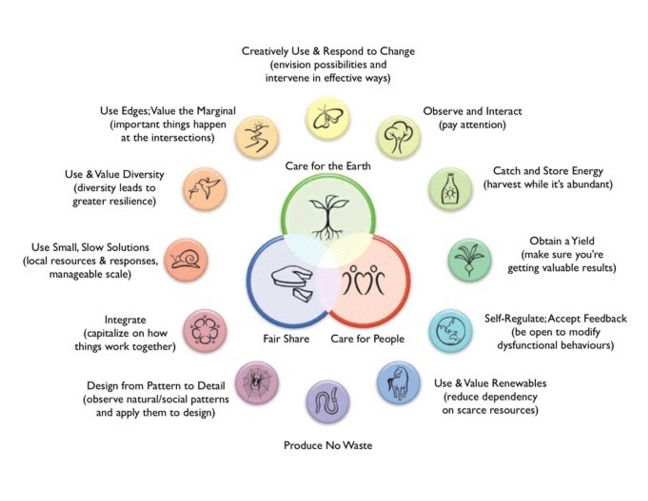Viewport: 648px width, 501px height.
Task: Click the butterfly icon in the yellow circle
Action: [x=328, y=118]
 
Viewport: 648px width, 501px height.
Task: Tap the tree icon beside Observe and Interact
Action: [x=398, y=137]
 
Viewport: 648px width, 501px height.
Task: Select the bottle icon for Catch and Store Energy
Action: [x=450, y=189]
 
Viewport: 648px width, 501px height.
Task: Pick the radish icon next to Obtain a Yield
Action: [x=469, y=259]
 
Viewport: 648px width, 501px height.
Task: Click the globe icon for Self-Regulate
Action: [x=450, y=331]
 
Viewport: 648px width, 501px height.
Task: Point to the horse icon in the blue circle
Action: [x=398, y=384]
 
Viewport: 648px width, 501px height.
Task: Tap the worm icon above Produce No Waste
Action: [x=328, y=401]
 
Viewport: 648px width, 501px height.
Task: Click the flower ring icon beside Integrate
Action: [x=205, y=331]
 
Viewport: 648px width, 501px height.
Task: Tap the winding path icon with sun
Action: [x=256, y=136]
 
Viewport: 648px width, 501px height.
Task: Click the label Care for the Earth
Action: [x=328, y=166]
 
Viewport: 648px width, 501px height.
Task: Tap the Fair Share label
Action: [x=286, y=339]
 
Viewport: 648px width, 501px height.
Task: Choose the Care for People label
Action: [x=367, y=339]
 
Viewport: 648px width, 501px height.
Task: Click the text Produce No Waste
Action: [x=328, y=446]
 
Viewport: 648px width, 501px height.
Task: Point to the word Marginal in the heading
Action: [x=216, y=111]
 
